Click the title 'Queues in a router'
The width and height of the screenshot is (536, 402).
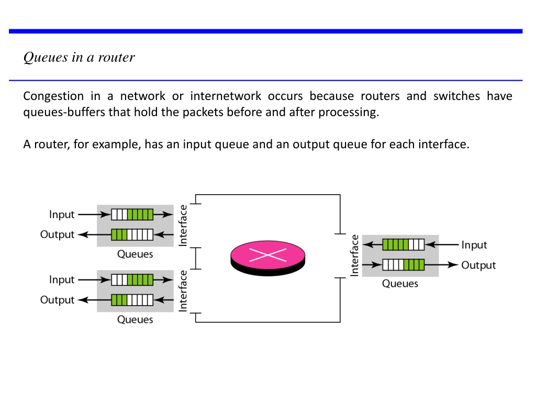[79, 58]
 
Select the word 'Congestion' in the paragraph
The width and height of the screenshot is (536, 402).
[53, 96]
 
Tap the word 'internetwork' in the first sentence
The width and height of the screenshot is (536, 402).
[226, 96]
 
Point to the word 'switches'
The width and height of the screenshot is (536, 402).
[456, 96]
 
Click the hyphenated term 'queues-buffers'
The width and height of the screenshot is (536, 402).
[64, 113]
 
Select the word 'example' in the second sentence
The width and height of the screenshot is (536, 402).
[116, 144]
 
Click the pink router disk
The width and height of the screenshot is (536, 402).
[267, 258]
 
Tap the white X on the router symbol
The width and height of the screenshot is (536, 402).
[267, 255]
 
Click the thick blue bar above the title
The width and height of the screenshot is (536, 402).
[265, 31]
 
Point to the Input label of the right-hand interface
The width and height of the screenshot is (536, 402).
[474, 245]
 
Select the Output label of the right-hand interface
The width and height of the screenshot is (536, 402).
[478, 265]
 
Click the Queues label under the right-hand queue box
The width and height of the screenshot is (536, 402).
[400, 284]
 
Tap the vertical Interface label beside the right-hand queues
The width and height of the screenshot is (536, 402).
[354, 255]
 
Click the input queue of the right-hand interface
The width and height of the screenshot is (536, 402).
[404, 245]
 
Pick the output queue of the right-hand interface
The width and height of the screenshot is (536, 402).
[404, 265]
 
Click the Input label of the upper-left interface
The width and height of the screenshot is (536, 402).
[62, 215]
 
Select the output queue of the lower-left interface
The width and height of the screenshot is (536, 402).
[132, 300]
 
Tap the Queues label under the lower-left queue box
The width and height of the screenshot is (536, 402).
[135, 320]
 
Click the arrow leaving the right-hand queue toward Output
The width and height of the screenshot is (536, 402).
[441, 265]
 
